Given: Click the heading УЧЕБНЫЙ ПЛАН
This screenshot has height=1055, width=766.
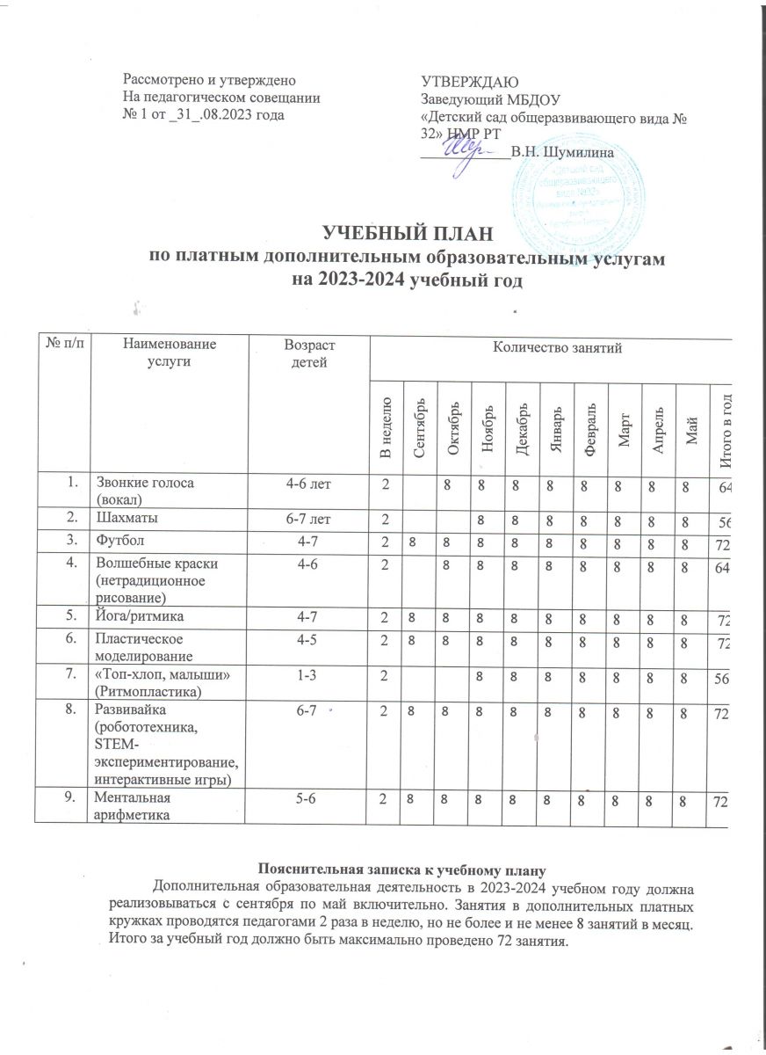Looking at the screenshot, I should [403, 234].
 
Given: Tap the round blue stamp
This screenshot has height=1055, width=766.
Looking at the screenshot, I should [570, 185].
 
